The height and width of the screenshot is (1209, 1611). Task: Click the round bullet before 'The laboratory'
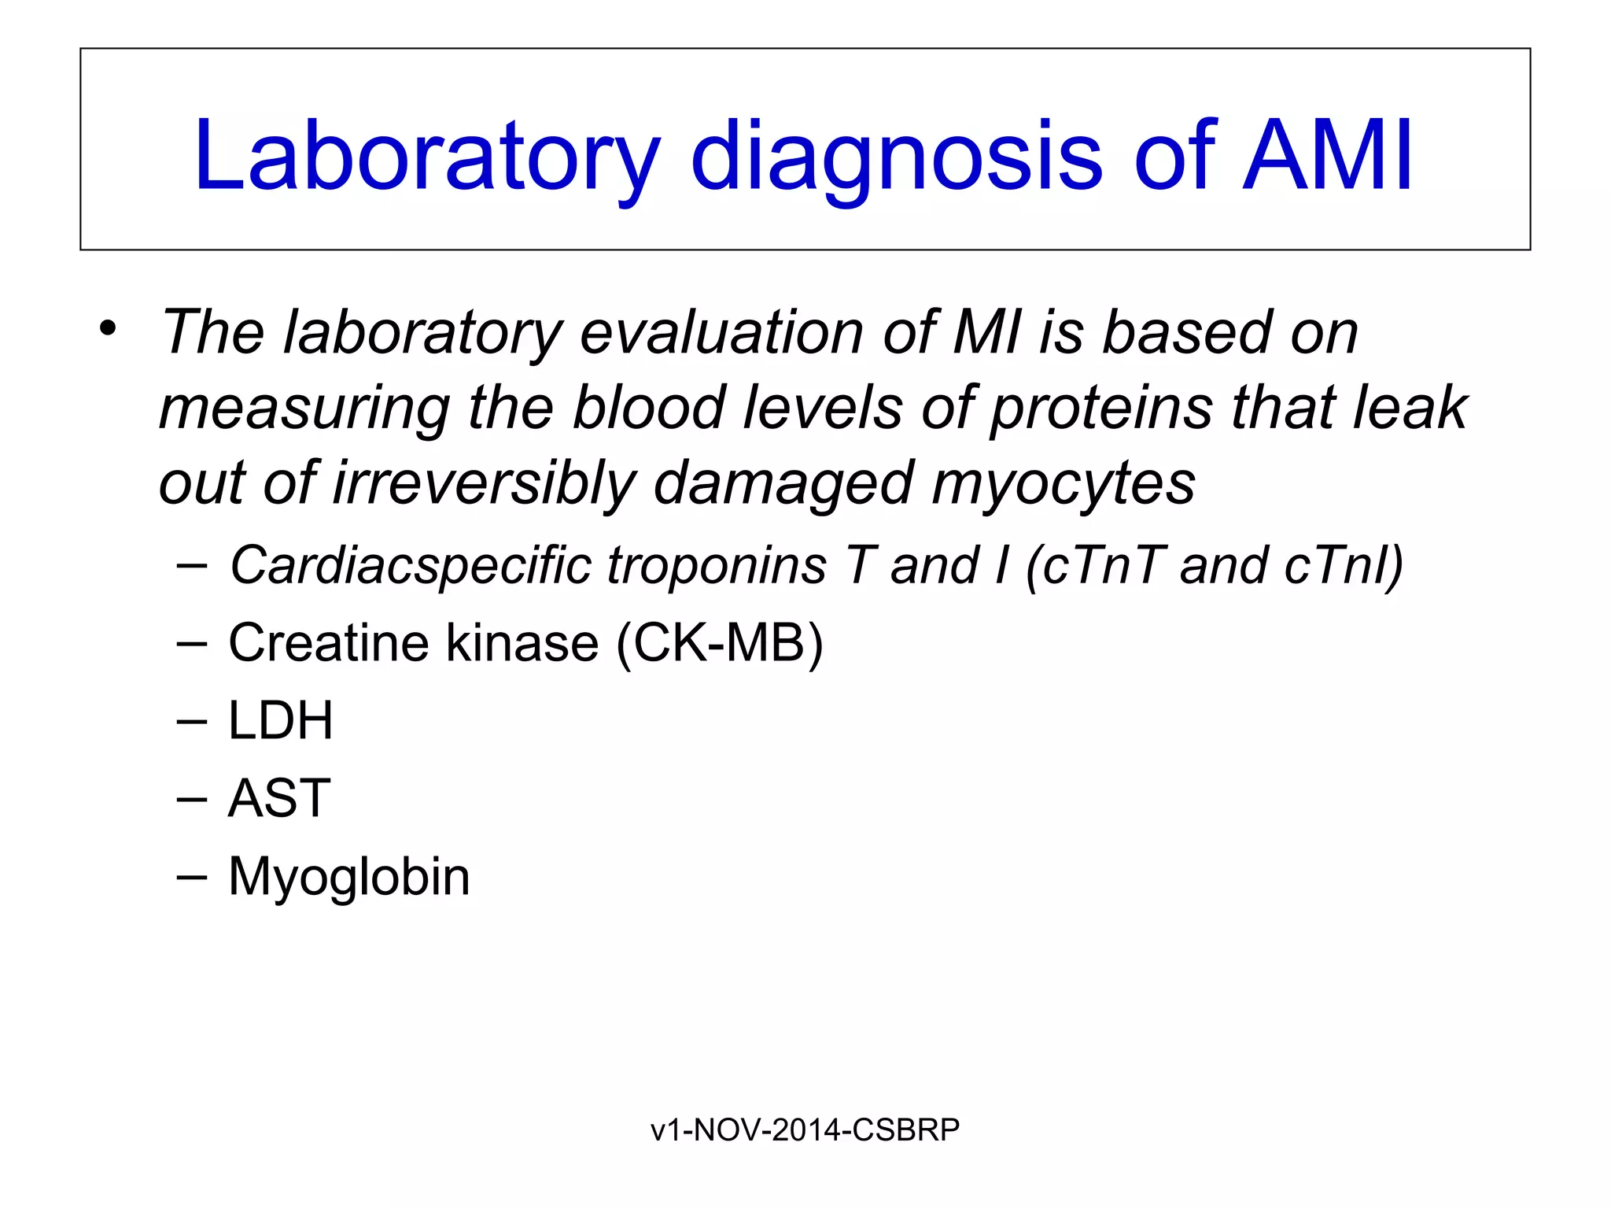point(109,328)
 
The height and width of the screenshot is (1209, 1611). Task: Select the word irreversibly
point(483,483)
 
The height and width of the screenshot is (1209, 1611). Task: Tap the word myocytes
point(1064,483)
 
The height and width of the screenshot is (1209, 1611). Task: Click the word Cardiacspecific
point(409,566)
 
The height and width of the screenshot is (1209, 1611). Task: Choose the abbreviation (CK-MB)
point(720,643)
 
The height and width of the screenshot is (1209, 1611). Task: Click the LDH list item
point(280,720)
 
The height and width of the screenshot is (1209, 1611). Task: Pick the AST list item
point(279,798)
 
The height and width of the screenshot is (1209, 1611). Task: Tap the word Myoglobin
point(348,876)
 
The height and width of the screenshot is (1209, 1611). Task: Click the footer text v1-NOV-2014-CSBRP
point(805,1130)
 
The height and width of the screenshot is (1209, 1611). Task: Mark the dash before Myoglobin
point(192,876)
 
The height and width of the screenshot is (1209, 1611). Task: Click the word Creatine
point(328,643)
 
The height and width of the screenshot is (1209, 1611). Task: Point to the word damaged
point(782,483)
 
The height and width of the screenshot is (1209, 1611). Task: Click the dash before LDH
point(192,720)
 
